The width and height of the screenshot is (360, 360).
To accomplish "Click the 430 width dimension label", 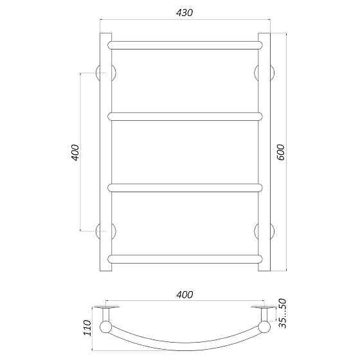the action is coord(184,12).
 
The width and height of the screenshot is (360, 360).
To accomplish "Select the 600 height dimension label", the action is coord(280,152).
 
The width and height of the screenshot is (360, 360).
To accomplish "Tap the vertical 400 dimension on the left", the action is coord(75,152).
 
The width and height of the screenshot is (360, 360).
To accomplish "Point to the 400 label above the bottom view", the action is coord(184,294).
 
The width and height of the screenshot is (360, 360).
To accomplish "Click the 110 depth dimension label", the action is coord(87,328).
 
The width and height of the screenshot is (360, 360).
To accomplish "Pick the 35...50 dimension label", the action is coord(282,314).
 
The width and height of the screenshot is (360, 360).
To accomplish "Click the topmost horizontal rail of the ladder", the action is coord(185,45).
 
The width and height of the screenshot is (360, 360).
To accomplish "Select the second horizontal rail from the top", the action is coord(185,116).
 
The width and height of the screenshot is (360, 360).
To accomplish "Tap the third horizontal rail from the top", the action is coord(185,188).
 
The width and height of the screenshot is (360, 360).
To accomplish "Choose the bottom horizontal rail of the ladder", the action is coord(185,258).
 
